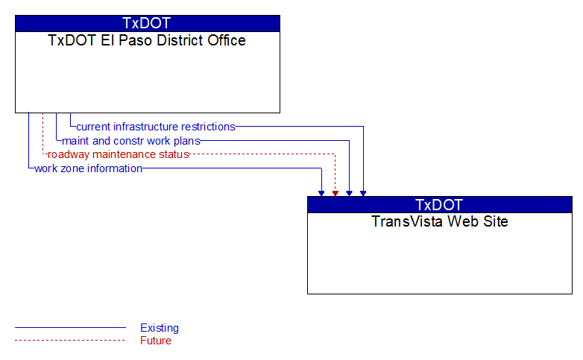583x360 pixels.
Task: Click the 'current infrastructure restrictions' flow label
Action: click(156, 127)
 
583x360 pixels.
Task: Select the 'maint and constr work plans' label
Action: click(131, 141)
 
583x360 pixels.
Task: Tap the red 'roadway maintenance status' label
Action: click(119, 154)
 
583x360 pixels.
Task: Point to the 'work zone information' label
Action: click(88, 168)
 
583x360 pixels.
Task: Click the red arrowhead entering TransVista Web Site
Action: click(335, 193)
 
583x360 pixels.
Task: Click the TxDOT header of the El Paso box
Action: click(147, 23)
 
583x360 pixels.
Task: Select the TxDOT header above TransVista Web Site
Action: click(439, 205)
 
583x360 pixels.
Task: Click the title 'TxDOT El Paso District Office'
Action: click(147, 40)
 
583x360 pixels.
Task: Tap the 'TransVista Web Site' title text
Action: click(439, 221)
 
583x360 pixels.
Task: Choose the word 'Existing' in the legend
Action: click(160, 328)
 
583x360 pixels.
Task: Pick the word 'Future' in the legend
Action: click(155, 341)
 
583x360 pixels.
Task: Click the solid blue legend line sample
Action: click(70, 328)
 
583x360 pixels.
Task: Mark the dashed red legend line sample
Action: click(70, 341)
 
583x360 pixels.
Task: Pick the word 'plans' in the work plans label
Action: click(187, 142)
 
